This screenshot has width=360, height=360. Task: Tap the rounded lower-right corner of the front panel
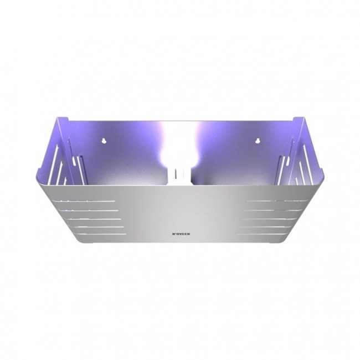click(269, 243)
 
